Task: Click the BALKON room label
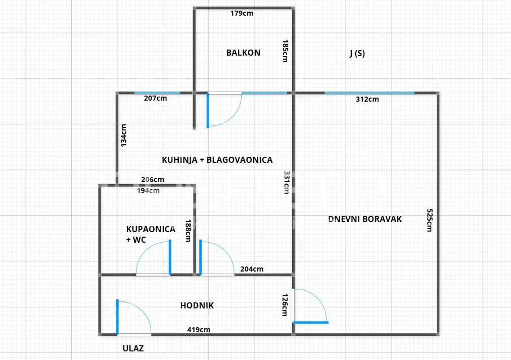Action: click(x=243, y=53)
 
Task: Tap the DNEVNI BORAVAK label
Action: click(x=365, y=219)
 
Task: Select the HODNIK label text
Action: click(x=197, y=305)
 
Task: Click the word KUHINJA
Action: click(x=179, y=160)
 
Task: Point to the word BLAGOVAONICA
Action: click(x=240, y=160)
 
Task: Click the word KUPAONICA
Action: click(x=151, y=229)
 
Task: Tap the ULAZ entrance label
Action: click(x=133, y=348)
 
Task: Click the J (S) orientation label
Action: click(x=357, y=53)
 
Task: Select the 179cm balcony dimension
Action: click(x=242, y=13)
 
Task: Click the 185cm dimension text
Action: click(x=285, y=51)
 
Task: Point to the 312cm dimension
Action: click(x=367, y=99)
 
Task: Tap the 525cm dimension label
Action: click(x=430, y=220)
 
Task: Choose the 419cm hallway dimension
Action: click(x=199, y=330)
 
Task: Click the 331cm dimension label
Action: click(x=287, y=183)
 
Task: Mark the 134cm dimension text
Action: click(x=123, y=135)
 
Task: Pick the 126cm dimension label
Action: click(x=285, y=305)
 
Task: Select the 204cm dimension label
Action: click(x=252, y=269)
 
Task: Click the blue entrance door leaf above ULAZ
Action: click(x=117, y=317)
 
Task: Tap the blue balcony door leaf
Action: click(x=208, y=111)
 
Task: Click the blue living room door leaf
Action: click(x=311, y=323)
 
